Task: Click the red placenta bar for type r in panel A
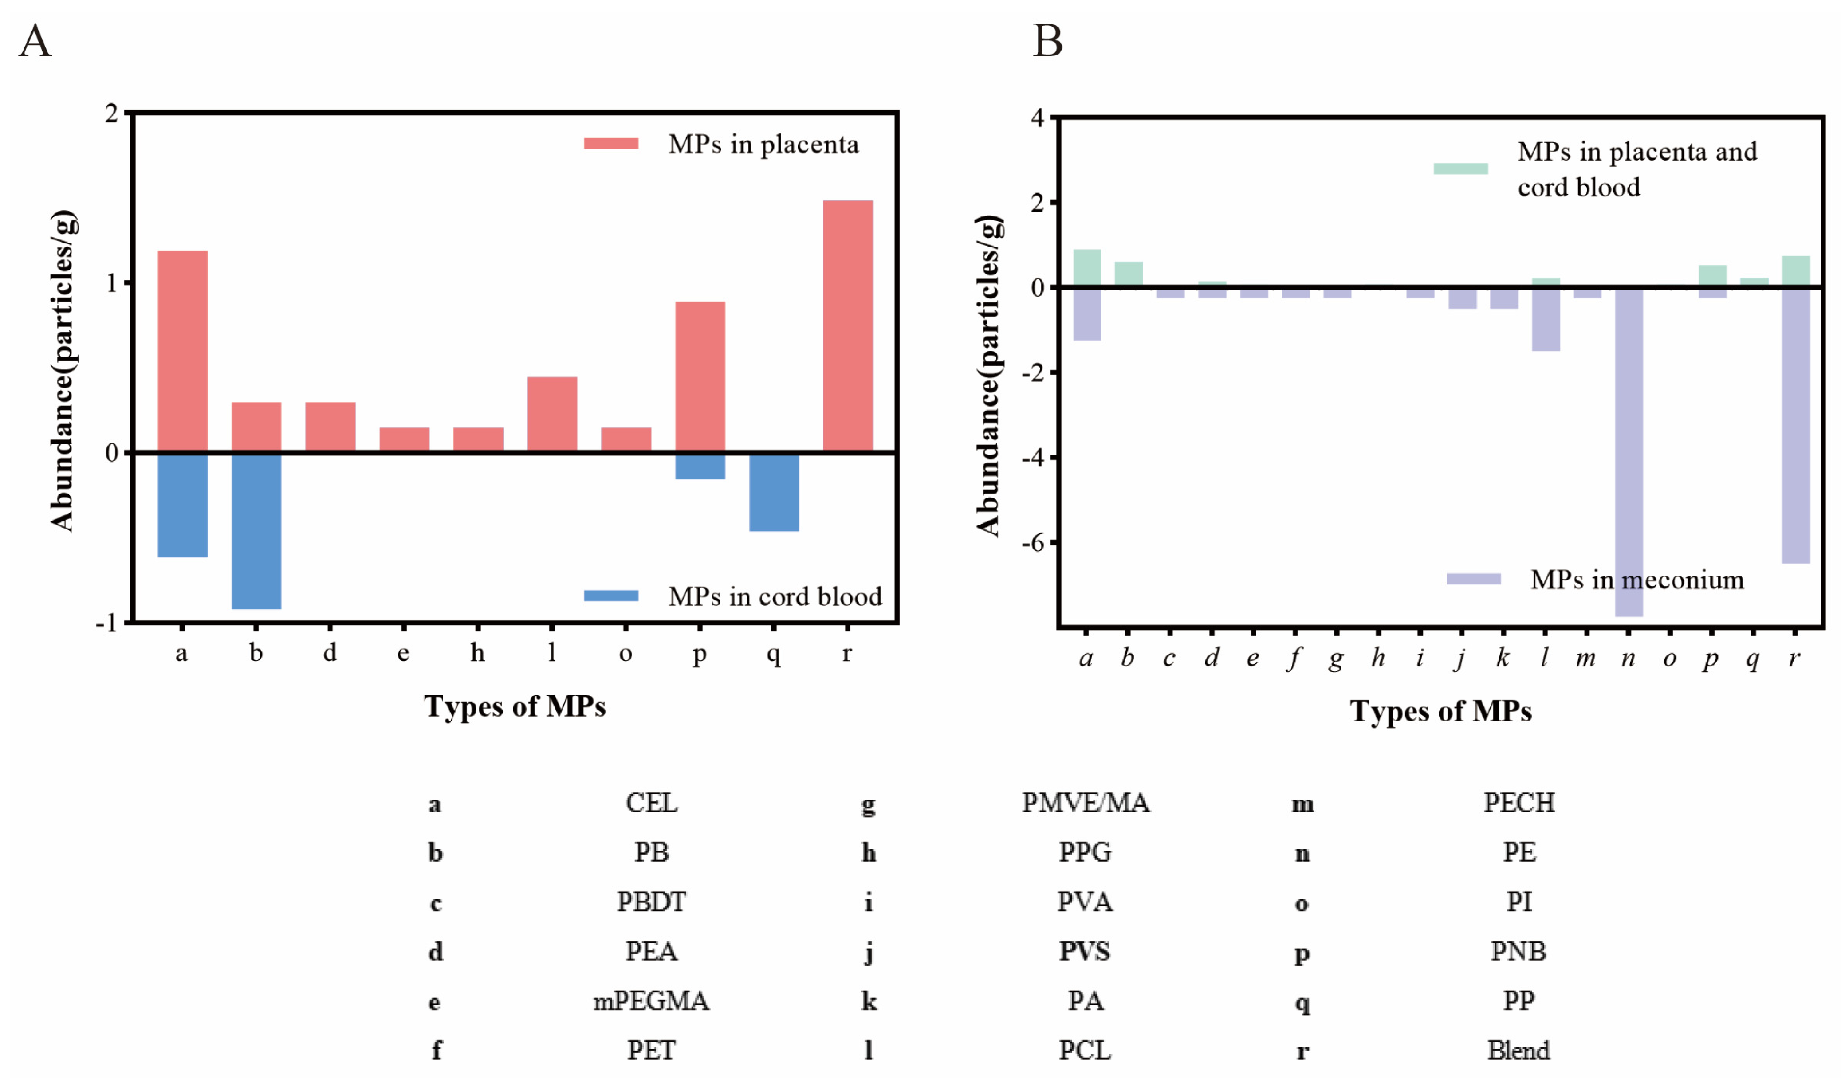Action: point(847,325)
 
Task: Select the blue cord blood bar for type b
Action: point(256,530)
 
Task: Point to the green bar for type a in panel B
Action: point(1086,267)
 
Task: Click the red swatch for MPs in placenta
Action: point(611,144)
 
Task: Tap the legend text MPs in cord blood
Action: point(775,597)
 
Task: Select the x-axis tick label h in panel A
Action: point(477,652)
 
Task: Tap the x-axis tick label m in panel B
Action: point(1585,658)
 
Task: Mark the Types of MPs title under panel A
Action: point(514,706)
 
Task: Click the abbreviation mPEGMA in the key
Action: point(650,1000)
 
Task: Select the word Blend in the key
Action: point(1518,1050)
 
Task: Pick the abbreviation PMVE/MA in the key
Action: point(1085,803)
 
